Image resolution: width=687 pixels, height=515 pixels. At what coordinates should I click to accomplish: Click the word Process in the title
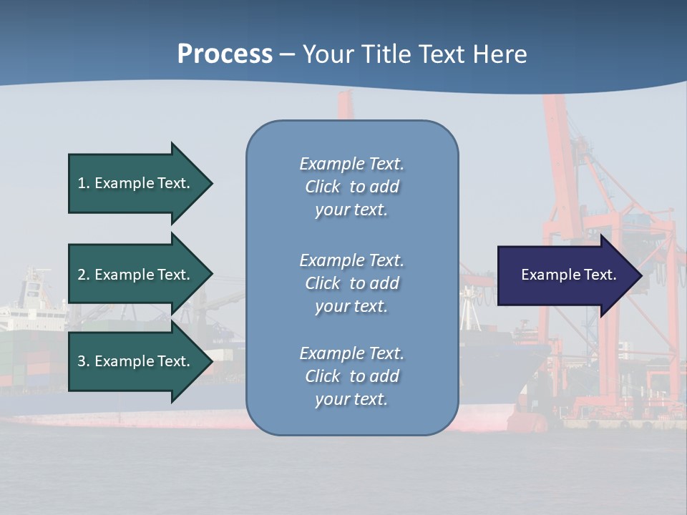tap(225, 54)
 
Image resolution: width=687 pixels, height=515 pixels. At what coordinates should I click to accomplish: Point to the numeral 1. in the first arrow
tap(84, 183)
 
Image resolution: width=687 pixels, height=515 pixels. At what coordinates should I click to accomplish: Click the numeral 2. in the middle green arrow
tap(84, 275)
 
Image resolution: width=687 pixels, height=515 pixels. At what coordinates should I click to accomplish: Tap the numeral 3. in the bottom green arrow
tap(84, 361)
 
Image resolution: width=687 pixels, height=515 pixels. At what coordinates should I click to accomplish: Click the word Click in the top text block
tap(323, 187)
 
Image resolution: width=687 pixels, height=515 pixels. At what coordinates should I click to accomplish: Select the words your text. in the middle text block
tap(351, 306)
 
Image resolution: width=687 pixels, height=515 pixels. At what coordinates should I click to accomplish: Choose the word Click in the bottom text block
tap(323, 376)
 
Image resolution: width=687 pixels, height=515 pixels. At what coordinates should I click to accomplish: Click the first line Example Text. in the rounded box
tap(351, 164)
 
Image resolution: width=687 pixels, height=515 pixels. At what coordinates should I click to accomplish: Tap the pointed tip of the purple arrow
tap(640, 275)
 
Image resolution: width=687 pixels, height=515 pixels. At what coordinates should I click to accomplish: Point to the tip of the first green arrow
tap(211, 183)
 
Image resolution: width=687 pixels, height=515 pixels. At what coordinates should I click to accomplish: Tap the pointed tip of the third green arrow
tap(211, 362)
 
